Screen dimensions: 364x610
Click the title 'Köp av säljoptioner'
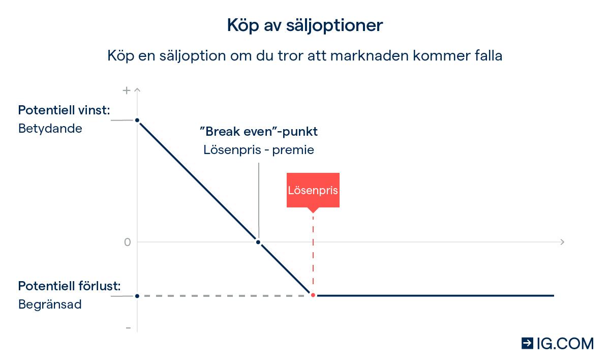click(x=304, y=25)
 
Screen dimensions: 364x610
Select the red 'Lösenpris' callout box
click(x=313, y=191)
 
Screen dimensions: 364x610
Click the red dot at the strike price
click(x=313, y=295)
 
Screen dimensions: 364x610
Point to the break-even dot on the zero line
click(x=258, y=242)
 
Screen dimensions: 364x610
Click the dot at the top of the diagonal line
click(x=137, y=120)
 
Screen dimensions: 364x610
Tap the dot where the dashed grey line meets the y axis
click(x=137, y=296)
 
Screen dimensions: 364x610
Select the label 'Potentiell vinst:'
click(x=64, y=110)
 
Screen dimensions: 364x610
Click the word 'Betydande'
click(x=50, y=128)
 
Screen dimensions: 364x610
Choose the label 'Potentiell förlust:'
click(x=69, y=286)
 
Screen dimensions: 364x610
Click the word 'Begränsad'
click(x=50, y=305)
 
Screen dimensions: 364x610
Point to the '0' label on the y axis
click(x=128, y=242)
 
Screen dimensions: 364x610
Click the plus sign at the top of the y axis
click(x=127, y=91)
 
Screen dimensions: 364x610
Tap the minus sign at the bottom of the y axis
click(x=128, y=328)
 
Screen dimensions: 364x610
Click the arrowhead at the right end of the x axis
click(x=562, y=242)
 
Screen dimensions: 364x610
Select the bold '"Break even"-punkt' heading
click(x=259, y=132)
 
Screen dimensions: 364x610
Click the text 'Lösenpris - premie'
click(x=259, y=150)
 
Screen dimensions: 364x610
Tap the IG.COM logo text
click(x=565, y=344)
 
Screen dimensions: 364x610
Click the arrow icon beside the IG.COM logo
click(x=527, y=344)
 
